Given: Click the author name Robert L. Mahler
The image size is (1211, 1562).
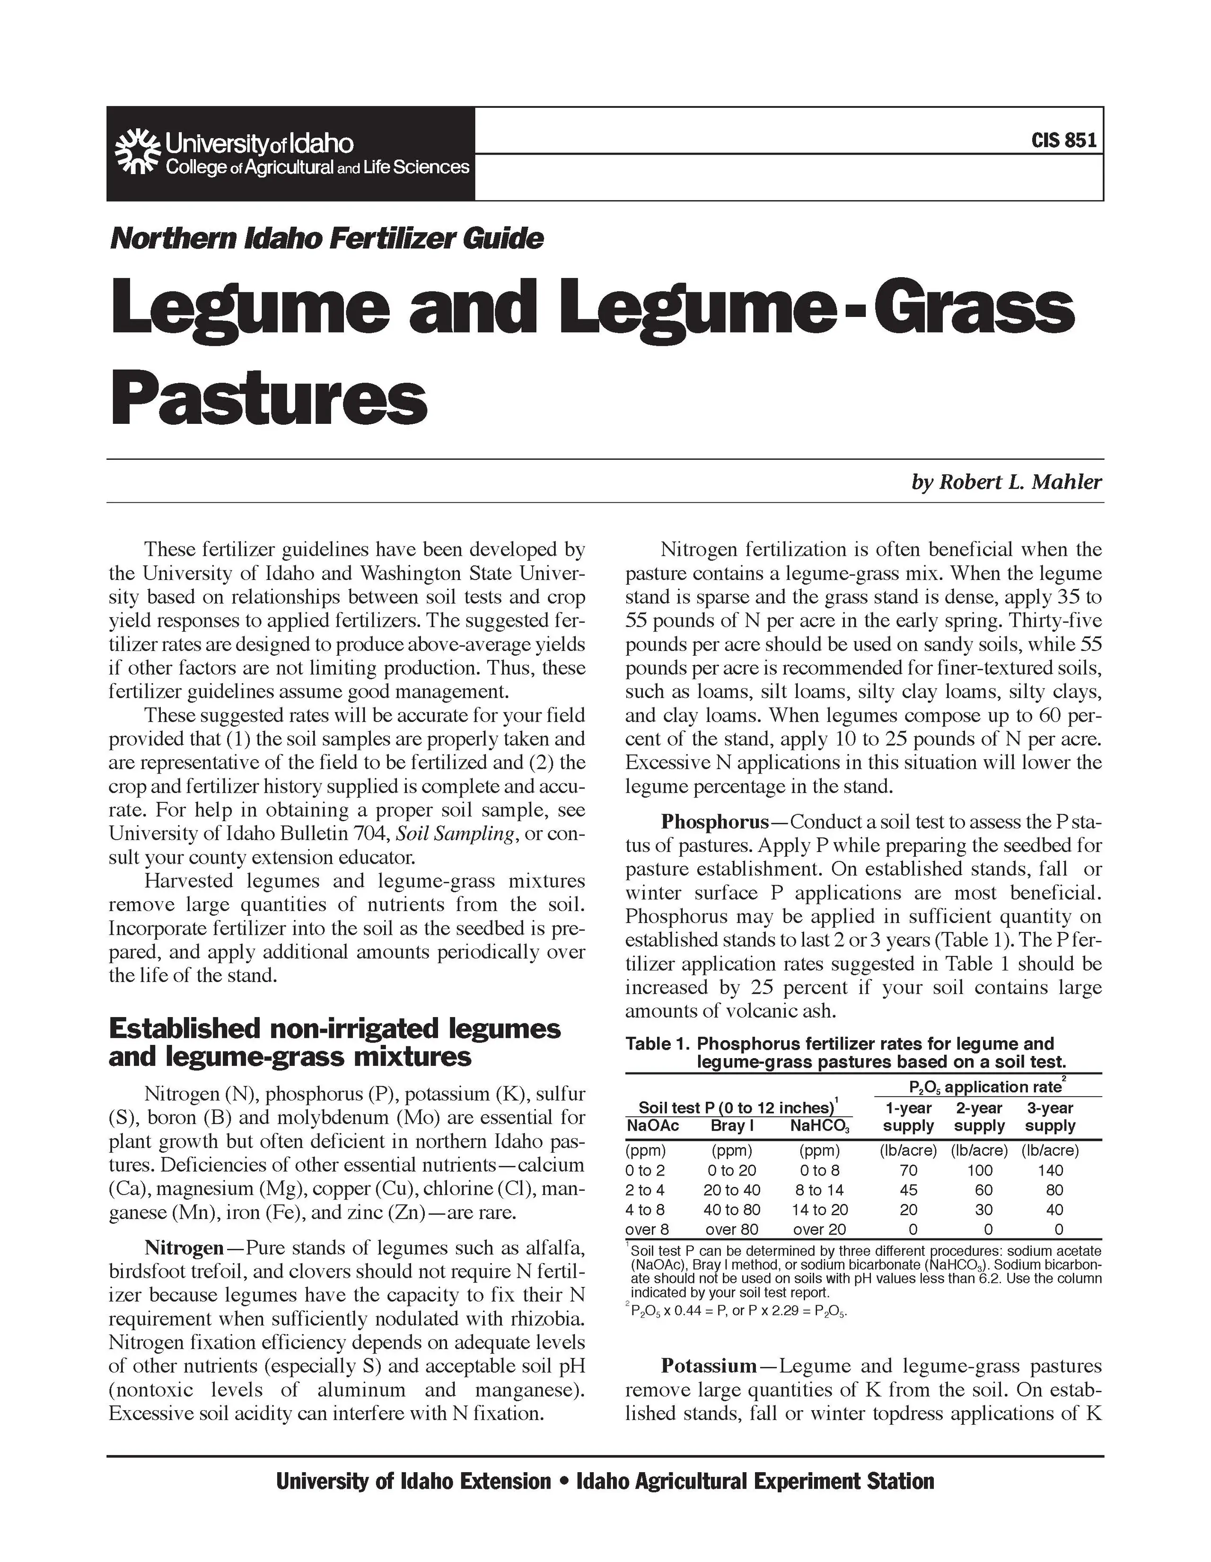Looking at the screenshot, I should tap(1007, 483).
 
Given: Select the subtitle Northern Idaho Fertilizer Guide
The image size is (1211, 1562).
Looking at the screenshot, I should tap(326, 238).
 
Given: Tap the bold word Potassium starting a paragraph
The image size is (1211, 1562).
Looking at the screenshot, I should tap(708, 1366).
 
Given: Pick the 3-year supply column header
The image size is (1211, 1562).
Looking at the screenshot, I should tap(1050, 1117).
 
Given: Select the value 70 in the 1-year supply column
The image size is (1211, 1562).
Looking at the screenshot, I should tap(908, 1171).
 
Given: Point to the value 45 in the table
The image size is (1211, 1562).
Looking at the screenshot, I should tap(908, 1190).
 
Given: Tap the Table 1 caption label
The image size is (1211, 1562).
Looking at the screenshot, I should tap(656, 1044).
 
